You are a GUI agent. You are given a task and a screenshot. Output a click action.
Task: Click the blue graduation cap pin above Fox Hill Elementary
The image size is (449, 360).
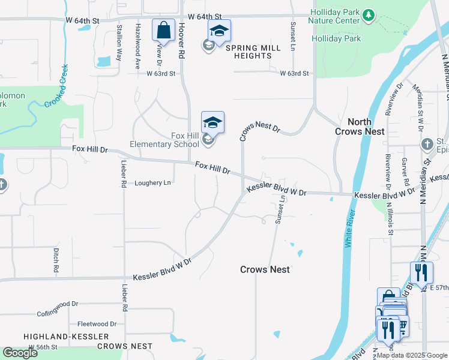tap(212, 122)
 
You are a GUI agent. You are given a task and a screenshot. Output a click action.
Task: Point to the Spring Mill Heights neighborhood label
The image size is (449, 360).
tap(249, 52)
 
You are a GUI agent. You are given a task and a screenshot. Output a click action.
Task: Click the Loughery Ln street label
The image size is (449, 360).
tap(152, 183)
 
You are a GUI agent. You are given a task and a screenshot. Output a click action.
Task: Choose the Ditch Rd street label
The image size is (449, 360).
tap(55, 262)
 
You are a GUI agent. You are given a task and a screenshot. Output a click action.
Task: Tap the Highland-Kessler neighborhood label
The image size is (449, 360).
tap(67, 337)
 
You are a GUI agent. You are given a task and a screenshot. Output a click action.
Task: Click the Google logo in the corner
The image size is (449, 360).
tap(20, 353)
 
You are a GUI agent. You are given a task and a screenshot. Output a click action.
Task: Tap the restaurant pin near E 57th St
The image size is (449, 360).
tap(421, 273)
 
